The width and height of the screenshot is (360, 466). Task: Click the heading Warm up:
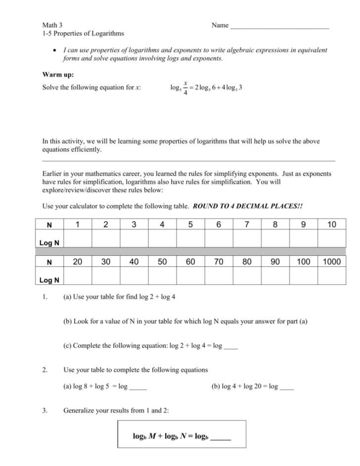point(58,75)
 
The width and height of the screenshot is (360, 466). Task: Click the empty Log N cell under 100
point(303,274)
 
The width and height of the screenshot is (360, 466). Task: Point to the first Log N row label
point(49,242)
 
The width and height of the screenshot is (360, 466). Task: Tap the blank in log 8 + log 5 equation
point(137,388)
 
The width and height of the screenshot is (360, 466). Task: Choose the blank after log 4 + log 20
point(287,388)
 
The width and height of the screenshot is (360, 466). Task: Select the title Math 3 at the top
point(52,25)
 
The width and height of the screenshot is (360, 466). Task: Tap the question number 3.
point(45,410)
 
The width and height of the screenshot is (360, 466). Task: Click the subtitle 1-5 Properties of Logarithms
point(83,33)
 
